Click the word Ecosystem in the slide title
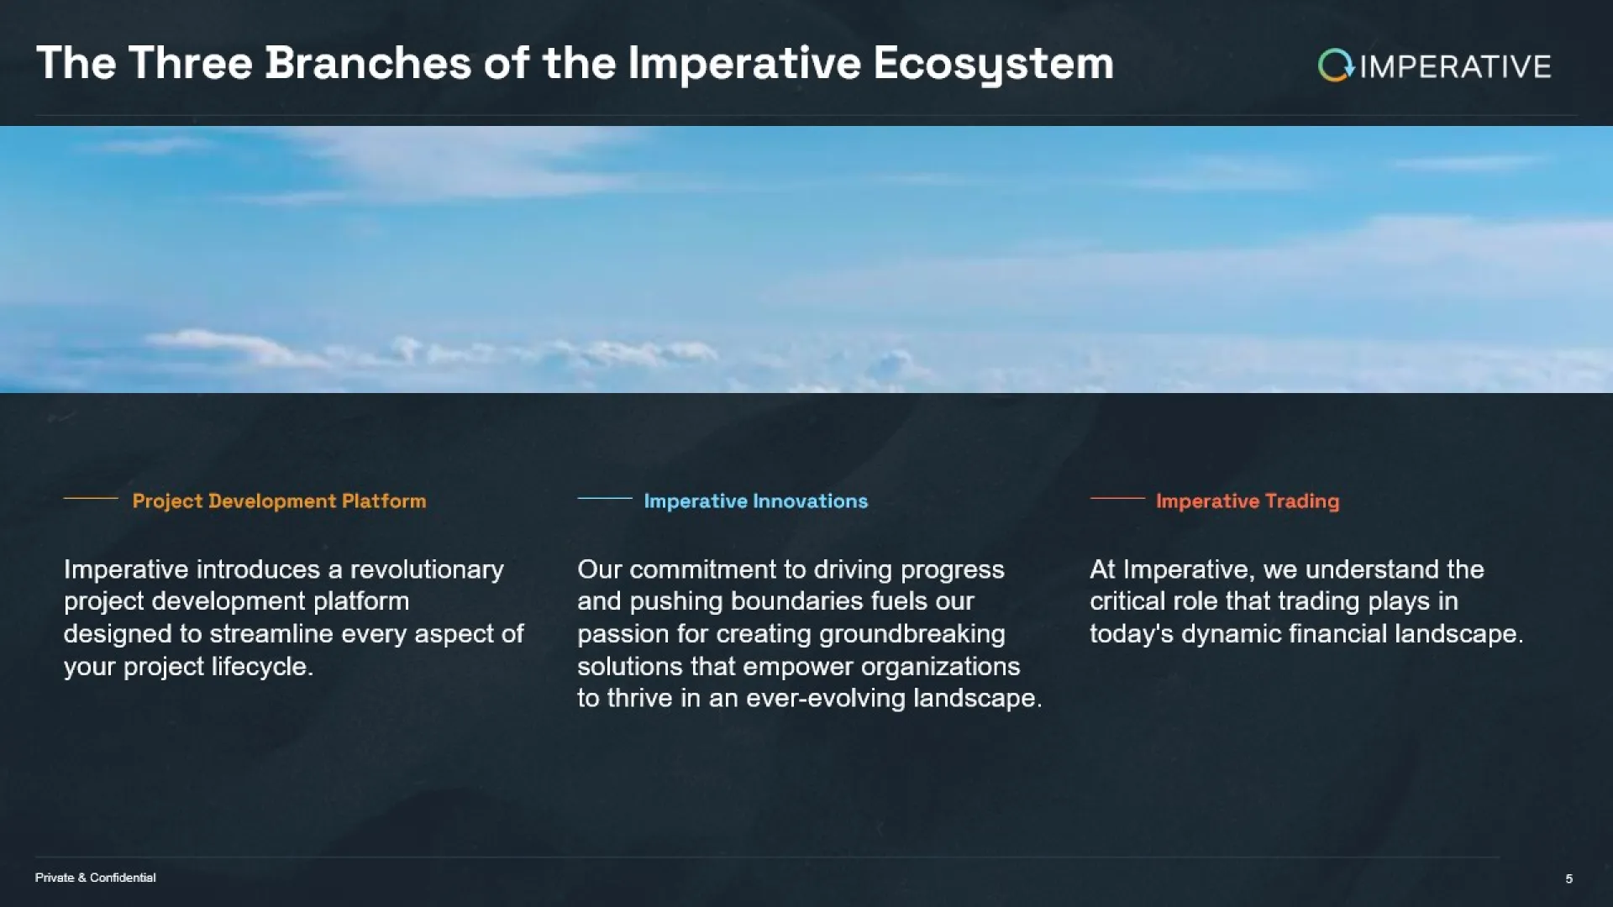(993, 64)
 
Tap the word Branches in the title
(368, 63)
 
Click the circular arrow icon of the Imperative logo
(1336, 66)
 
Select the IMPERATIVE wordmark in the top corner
(1455, 66)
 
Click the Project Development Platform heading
(279, 501)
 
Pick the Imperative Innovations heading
(756, 501)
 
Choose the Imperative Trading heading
(1248, 501)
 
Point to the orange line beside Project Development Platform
(91, 498)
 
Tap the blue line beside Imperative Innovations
(605, 498)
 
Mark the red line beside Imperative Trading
(1117, 498)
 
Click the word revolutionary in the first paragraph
(427, 570)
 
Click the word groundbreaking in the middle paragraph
(912, 635)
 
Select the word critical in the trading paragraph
(1128, 601)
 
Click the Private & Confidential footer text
(96, 878)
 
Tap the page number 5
(1568, 878)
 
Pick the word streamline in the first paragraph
(271, 634)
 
